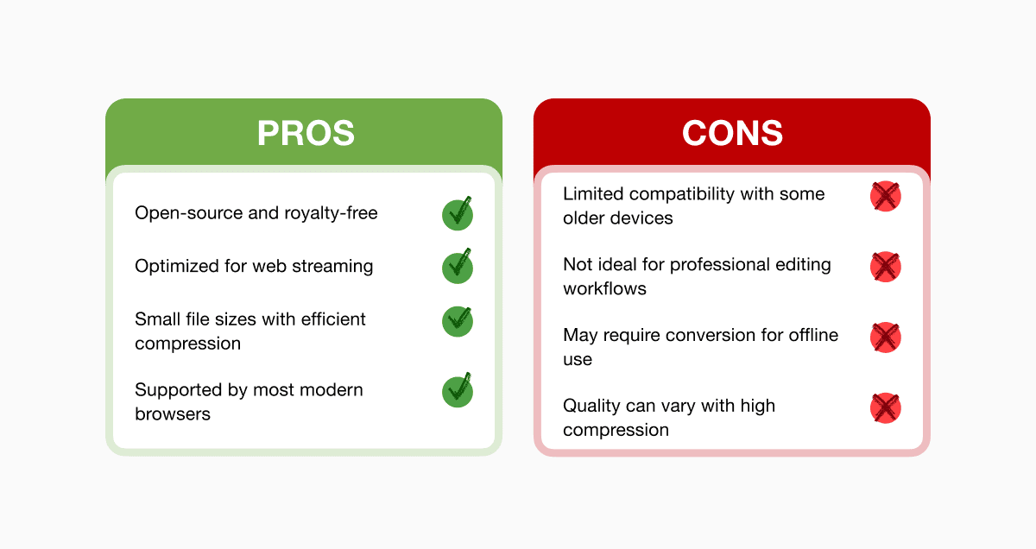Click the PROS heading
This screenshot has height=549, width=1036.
pos(306,133)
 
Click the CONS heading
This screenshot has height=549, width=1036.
pos(733,133)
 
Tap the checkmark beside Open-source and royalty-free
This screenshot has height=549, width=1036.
pos(458,214)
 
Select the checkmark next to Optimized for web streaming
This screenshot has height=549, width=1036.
pos(458,267)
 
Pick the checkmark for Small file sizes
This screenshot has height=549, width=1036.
pos(458,321)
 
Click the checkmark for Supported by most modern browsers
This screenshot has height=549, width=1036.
pos(458,391)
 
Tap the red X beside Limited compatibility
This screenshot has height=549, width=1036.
pos(885,196)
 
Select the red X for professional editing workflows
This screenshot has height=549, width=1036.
pos(885,267)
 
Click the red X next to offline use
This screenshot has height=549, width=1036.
pos(885,338)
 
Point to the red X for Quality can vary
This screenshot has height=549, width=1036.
pos(885,408)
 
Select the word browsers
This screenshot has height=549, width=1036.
pos(173,414)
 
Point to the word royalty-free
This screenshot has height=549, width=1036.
pos(331,214)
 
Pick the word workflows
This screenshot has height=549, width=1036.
pos(604,288)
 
